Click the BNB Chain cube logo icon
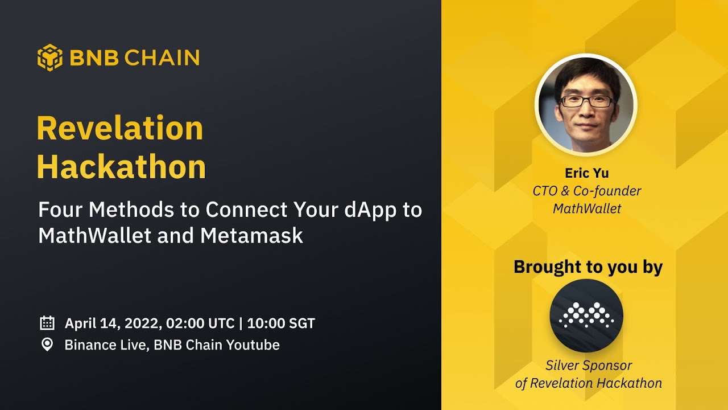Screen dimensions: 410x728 50,58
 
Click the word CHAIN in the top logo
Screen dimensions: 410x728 162,58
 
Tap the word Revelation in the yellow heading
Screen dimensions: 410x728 120,128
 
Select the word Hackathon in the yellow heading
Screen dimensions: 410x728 121,167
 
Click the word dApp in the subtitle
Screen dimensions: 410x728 368,210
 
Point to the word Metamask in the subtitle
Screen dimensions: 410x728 253,235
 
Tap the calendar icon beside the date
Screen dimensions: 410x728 47,323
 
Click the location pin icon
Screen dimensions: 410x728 47,345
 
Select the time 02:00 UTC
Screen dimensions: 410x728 200,323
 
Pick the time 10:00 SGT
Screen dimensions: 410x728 281,323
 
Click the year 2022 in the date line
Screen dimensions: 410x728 144,323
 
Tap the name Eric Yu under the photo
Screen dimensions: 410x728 586,173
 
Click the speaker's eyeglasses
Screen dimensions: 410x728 587,101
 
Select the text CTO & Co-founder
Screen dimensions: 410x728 586,191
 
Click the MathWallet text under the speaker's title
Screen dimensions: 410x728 587,208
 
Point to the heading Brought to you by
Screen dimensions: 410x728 588,267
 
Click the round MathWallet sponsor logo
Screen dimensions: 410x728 586,315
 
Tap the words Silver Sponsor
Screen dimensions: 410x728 588,365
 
